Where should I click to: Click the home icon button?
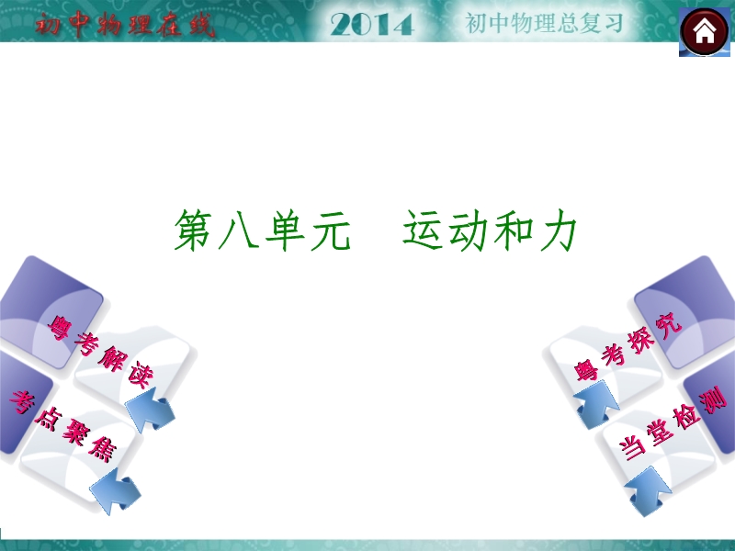coord(705,32)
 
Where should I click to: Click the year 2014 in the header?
coord(372,25)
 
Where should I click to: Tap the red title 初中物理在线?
coord(125,25)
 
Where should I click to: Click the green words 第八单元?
coord(262,231)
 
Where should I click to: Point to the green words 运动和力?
coord(490,231)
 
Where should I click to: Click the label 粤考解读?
coord(101,352)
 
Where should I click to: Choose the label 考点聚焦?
coord(62,425)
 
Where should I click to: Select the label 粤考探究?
coord(628,347)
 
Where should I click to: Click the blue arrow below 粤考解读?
coord(150,410)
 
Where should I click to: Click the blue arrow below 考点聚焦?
coord(116,491)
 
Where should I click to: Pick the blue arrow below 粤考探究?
coord(596,404)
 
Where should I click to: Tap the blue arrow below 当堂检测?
coord(649,491)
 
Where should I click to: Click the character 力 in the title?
coord(557,231)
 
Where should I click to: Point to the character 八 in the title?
coord(240,231)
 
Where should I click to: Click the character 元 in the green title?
coord(331,231)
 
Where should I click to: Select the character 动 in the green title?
coord(468,231)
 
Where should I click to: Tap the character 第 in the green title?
coord(194,231)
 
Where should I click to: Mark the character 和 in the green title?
coord(513,231)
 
